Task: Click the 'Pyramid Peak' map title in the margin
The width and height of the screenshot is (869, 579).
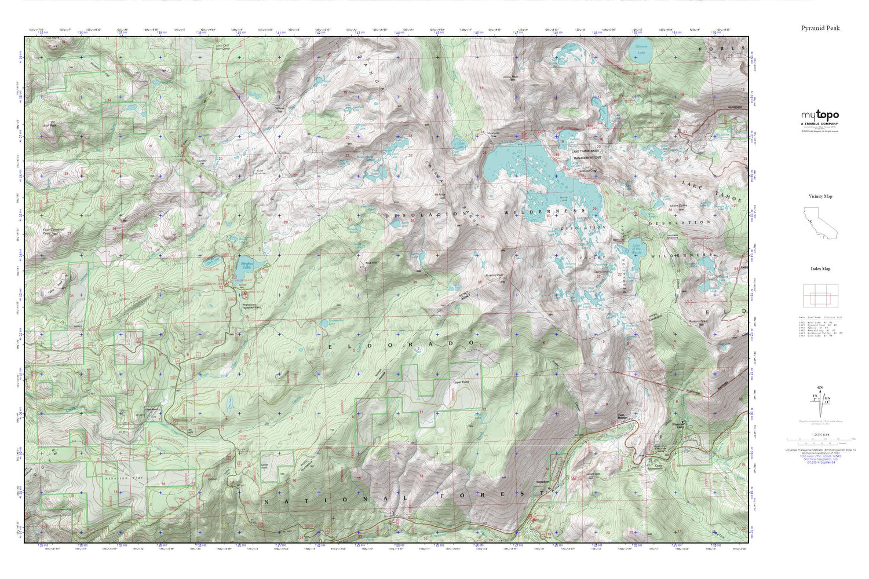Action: coord(820,28)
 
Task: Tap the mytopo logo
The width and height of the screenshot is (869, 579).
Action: coord(819,116)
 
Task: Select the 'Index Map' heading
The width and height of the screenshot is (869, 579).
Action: coord(820,269)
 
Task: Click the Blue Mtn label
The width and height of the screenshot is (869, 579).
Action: coord(371,264)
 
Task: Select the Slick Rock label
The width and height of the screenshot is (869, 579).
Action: coord(50,124)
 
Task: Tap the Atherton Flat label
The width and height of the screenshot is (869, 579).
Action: coord(119,479)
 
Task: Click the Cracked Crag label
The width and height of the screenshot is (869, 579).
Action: coord(588,171)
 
